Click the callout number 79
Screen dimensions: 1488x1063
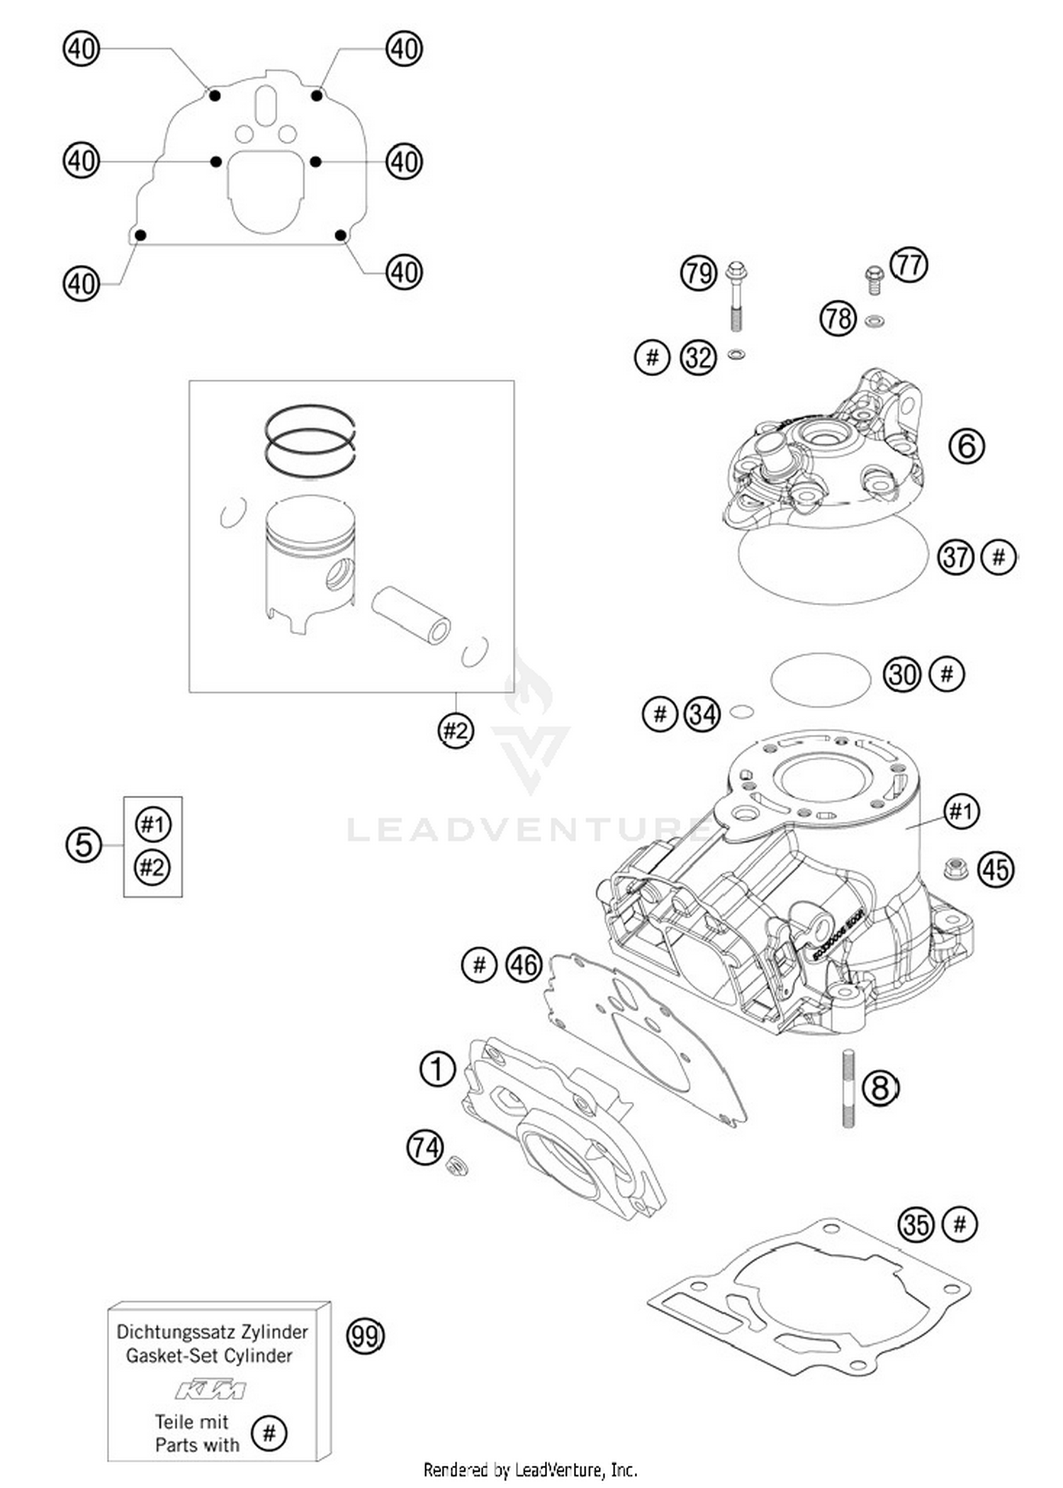coord(698,274)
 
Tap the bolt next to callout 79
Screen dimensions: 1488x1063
coord(736,298)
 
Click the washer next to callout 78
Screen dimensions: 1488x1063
coord(874,322)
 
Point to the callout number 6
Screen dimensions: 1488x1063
coord(967,446)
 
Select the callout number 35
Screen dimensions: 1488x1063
coord(916,1224)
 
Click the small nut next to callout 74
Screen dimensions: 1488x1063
coord(456,1164)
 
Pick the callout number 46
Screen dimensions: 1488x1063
coord(524,965)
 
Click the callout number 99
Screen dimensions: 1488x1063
coord(365,1336)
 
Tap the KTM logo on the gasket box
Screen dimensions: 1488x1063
coord(210,1390)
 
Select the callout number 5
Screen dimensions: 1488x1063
coord(84,845)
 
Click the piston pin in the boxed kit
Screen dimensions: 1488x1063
coord(411,614)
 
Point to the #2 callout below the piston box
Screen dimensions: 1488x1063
coord(455,730)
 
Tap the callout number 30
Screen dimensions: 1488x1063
coord(902,675)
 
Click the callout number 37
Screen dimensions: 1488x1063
coord(956,557)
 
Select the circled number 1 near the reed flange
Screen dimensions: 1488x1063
coord(437,1069)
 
